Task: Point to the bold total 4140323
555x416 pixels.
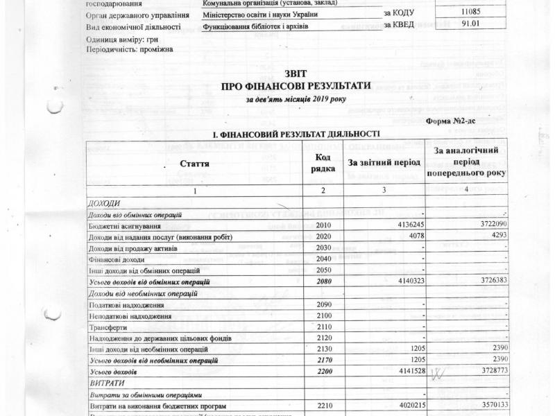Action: [404, 281]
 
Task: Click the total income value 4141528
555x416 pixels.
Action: [404, 372]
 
